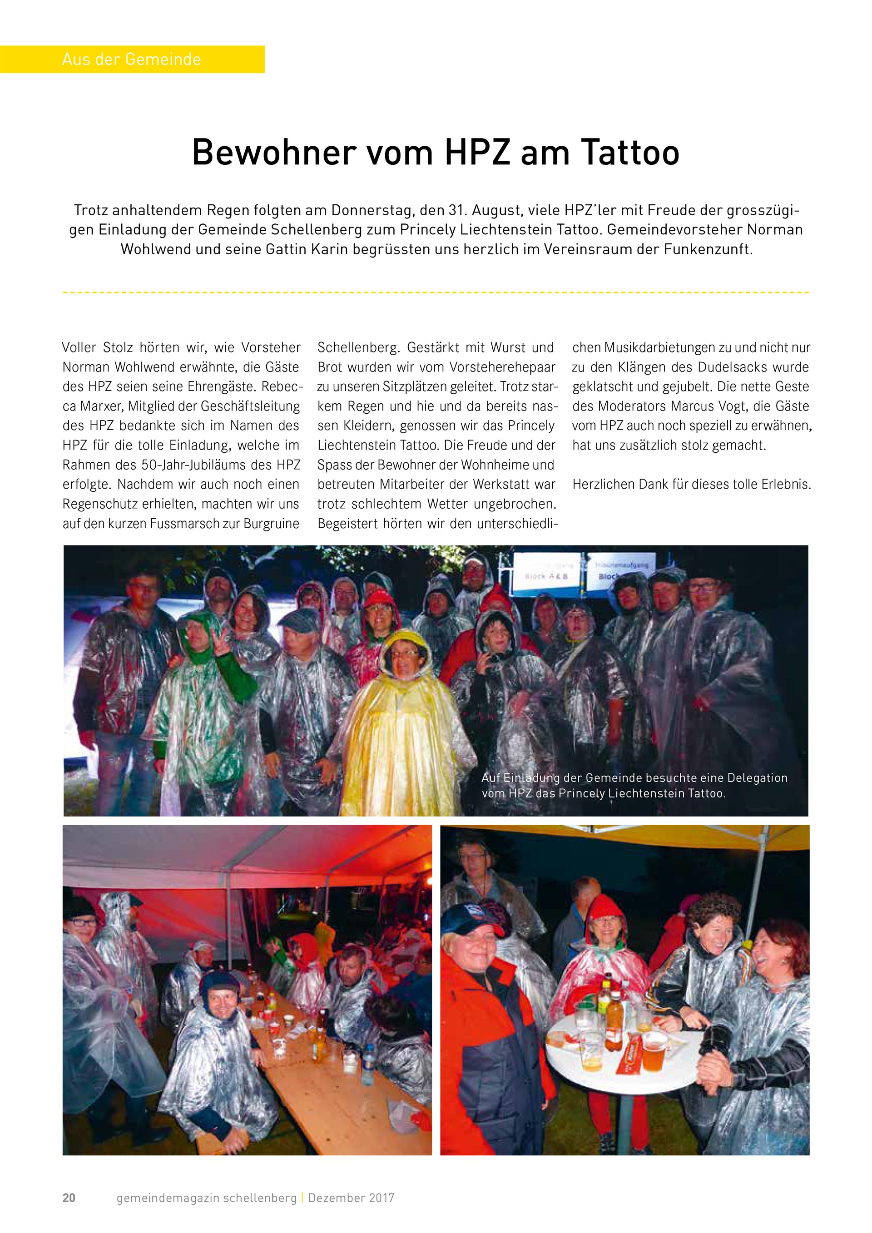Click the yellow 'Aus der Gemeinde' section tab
click(132, 59)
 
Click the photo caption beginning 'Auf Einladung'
click(634, 785)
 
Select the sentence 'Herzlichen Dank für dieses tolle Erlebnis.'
click(692, 485)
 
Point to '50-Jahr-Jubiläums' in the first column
click(194, 465)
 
